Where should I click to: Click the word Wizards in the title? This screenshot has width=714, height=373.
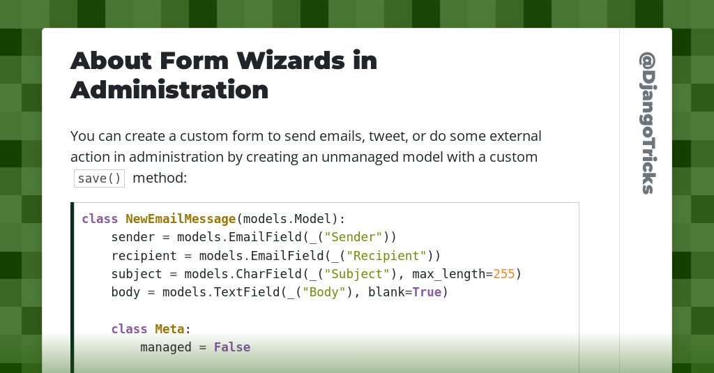[x=291, y=61]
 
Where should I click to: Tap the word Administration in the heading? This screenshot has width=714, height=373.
[x=169, y=90]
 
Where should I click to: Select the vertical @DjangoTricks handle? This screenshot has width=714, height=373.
[x=648, y=123]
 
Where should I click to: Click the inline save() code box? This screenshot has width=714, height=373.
[x=99, y=178]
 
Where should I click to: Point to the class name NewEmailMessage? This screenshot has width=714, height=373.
[x=181, y=219]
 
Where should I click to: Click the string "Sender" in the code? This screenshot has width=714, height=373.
[x=354, y=237]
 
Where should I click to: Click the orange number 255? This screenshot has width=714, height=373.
[x=503, y=274]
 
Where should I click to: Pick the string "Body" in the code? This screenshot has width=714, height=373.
[x=324, y=292]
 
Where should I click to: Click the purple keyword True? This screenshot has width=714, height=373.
[x=427, y=292]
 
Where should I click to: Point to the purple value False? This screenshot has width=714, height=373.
[x=232, y=347]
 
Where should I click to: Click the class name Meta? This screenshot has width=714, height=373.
[x=169, y=329]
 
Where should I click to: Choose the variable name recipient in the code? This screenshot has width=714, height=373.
[x=144, y=256]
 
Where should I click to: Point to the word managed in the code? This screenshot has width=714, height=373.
[x=166, y=348]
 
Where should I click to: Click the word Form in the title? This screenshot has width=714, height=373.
[x=194, y=61]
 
